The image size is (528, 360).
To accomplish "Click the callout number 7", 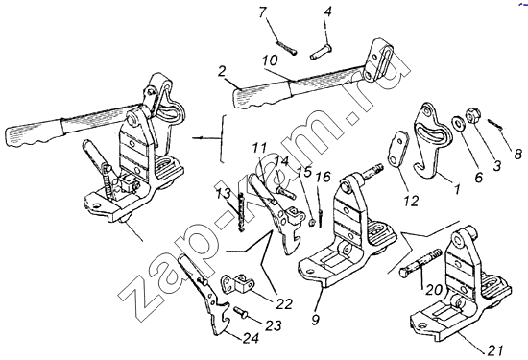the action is (263, 12).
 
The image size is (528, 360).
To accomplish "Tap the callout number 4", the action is (327, 12).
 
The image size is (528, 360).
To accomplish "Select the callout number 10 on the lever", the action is (270, 60).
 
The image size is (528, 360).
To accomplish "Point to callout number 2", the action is (222, 72).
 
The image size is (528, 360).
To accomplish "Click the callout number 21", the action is (495, 349).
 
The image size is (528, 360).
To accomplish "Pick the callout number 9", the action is (315, 320).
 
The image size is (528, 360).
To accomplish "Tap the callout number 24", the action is (252, 338).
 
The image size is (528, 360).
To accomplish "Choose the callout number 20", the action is (434, 290).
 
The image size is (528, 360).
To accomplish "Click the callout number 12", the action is (412, 201).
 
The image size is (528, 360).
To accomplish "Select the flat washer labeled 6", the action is (457, 123).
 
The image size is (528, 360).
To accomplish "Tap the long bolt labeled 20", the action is (420, 262).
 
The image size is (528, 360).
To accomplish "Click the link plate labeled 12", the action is (397, 148).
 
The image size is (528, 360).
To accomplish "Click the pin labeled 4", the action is (321, 53).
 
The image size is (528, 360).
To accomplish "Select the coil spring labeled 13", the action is (240, 212).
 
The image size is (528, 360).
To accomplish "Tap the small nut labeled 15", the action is (312, 223).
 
